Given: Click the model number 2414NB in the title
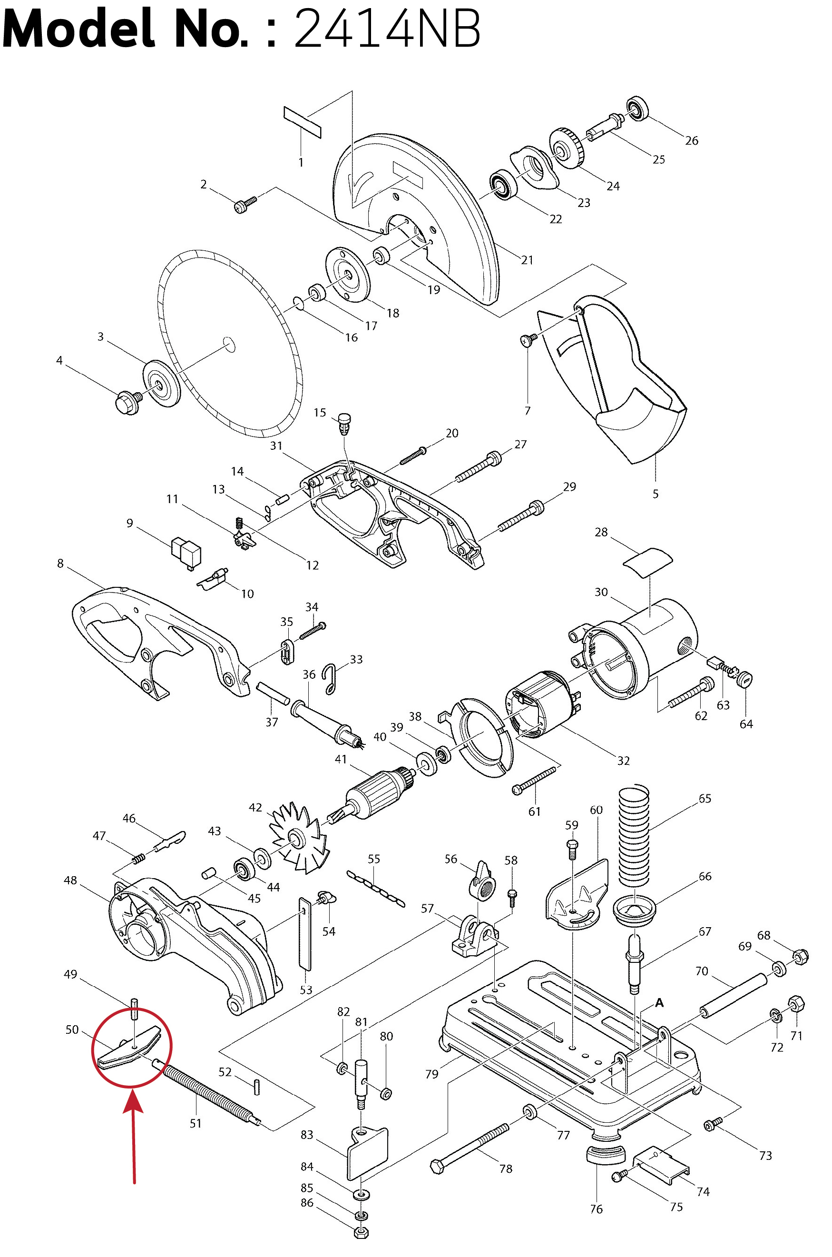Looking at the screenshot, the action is tap(387, 29).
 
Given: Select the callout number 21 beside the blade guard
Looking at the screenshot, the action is tap(527, 259).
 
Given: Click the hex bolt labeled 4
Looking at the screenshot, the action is tap(128, 401).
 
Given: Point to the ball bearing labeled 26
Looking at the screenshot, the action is tap(637, 109).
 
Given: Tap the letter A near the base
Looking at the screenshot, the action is tap(659, 1002).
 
